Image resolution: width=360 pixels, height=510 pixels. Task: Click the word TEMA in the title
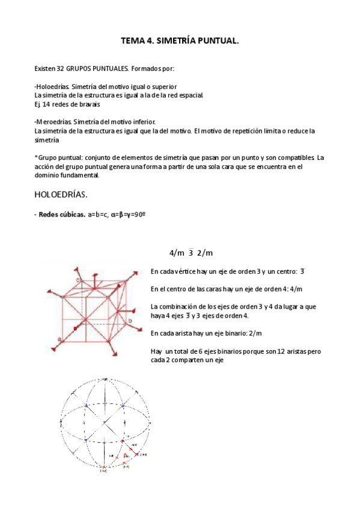(x=132, y=41)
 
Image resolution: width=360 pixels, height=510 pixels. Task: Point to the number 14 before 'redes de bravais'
(x=47, y=103)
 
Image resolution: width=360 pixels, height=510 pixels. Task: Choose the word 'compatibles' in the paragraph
(x=297, y=158)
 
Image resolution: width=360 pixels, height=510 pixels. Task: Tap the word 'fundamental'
(x=79, y=176)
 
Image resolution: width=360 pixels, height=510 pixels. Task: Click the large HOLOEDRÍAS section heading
(x=61, y=195)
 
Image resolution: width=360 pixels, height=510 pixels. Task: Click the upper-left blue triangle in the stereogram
(x=86, y=406)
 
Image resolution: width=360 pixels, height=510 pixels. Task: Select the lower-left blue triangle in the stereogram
(x=86, y=440)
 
